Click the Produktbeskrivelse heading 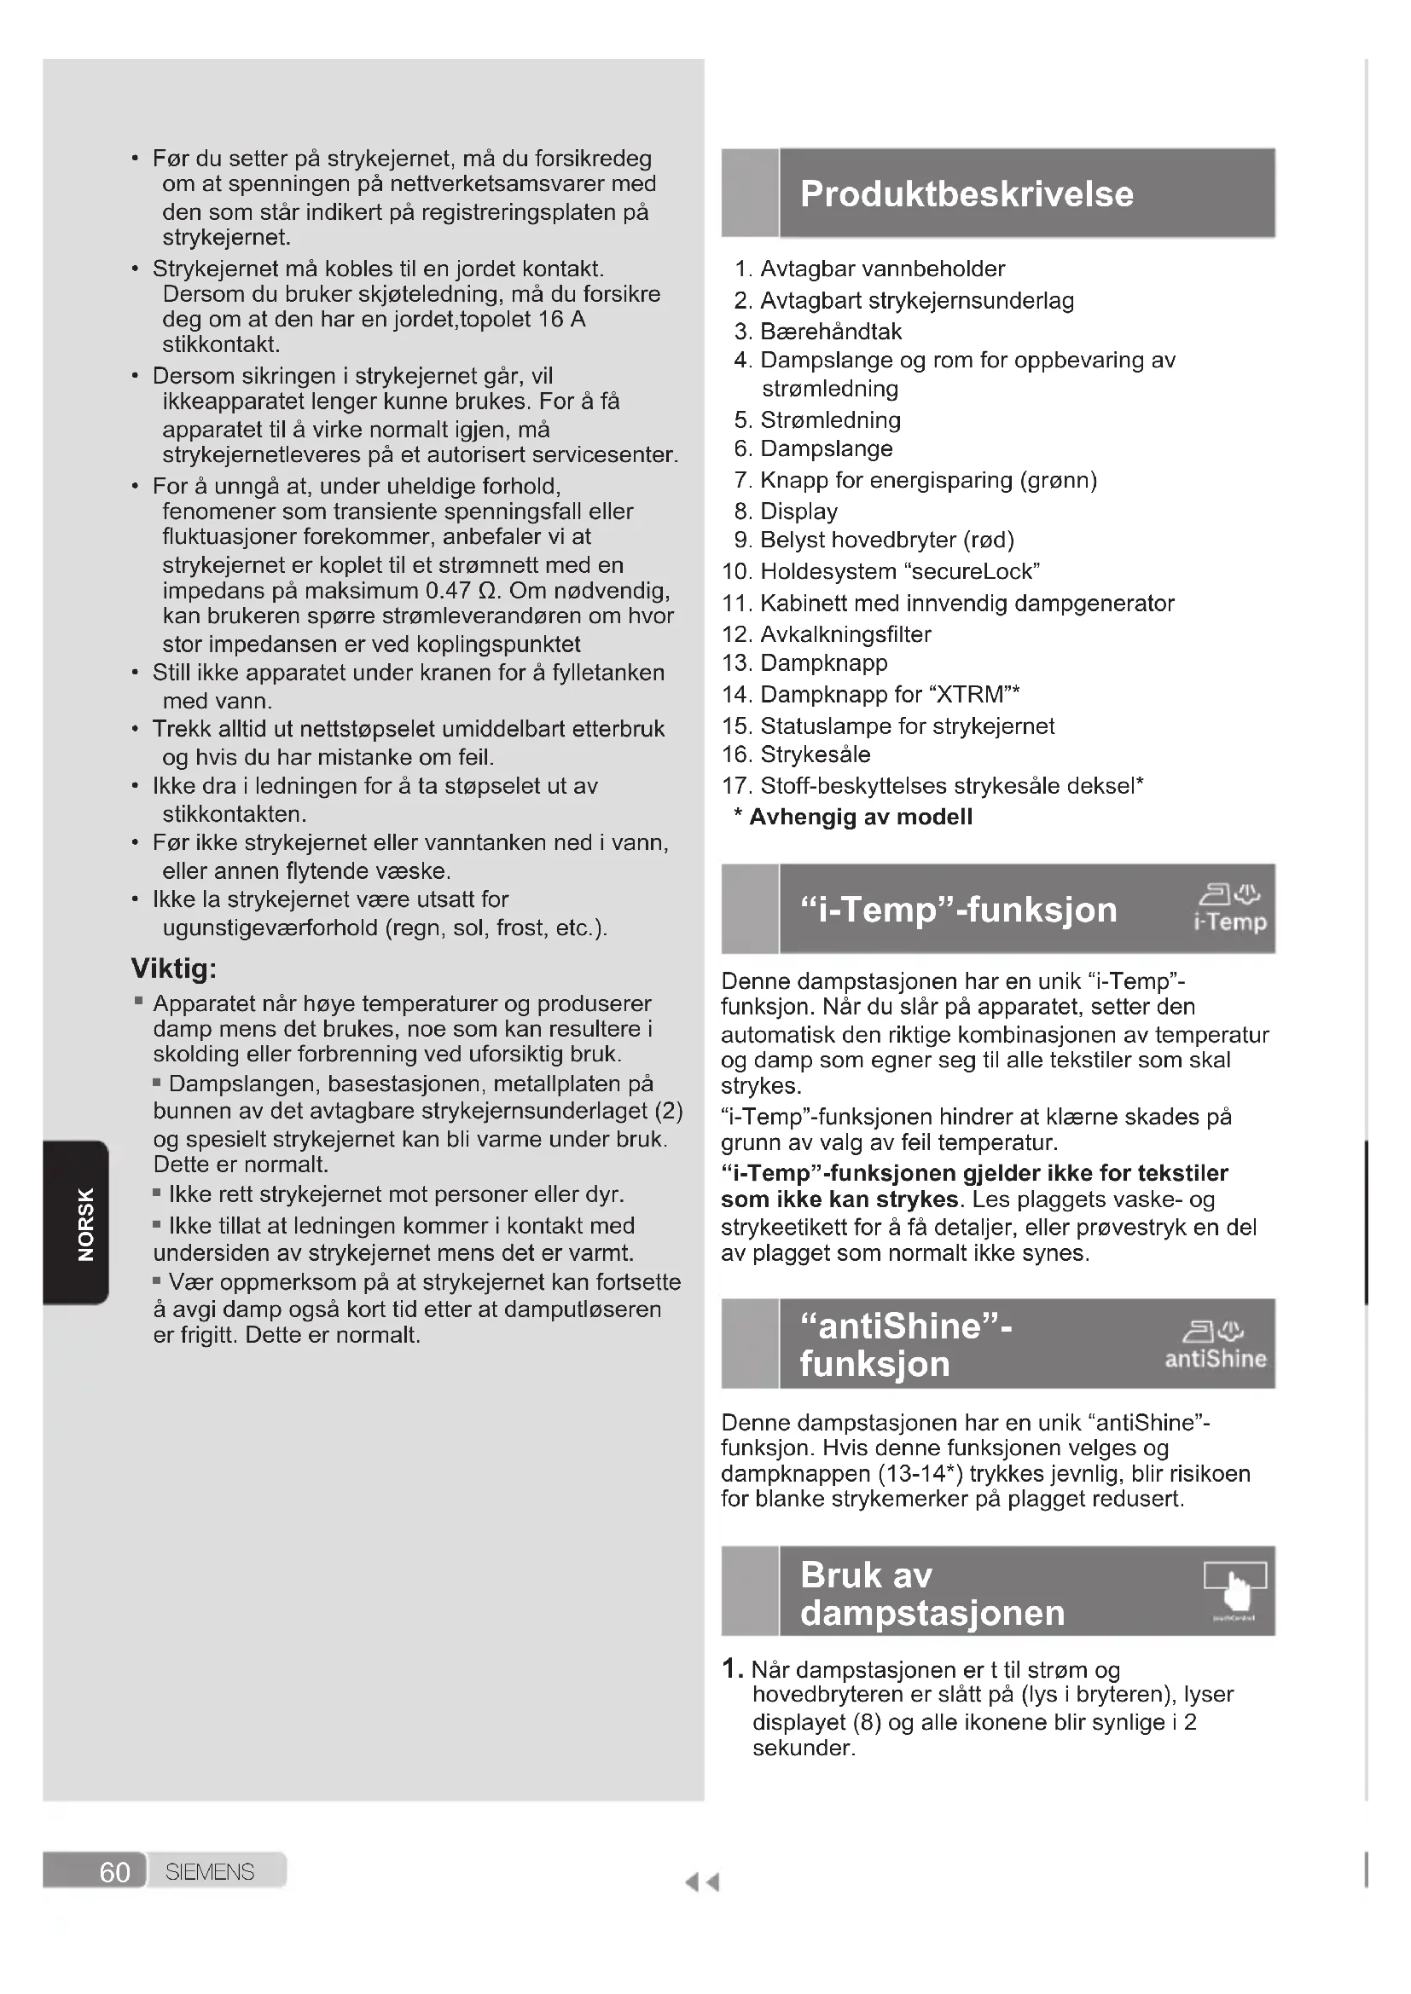click(967, 194)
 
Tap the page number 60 click(114, 1871)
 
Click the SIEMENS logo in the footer click(209, 1871)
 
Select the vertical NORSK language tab click(85, 1222)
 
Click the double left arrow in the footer click(702, 1882)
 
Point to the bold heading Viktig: click(174, 968)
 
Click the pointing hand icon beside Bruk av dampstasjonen click(1236, 1590)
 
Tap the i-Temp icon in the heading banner click(1230, 908)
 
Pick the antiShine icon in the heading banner click(1216, 1344)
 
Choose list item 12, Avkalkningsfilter click(845, 634)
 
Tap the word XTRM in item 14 click(974, 694)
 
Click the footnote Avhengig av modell click(860, 817)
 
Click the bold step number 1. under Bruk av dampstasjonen click(733, 1667)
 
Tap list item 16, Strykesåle click(815, 754)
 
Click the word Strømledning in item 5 click(830, 419)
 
